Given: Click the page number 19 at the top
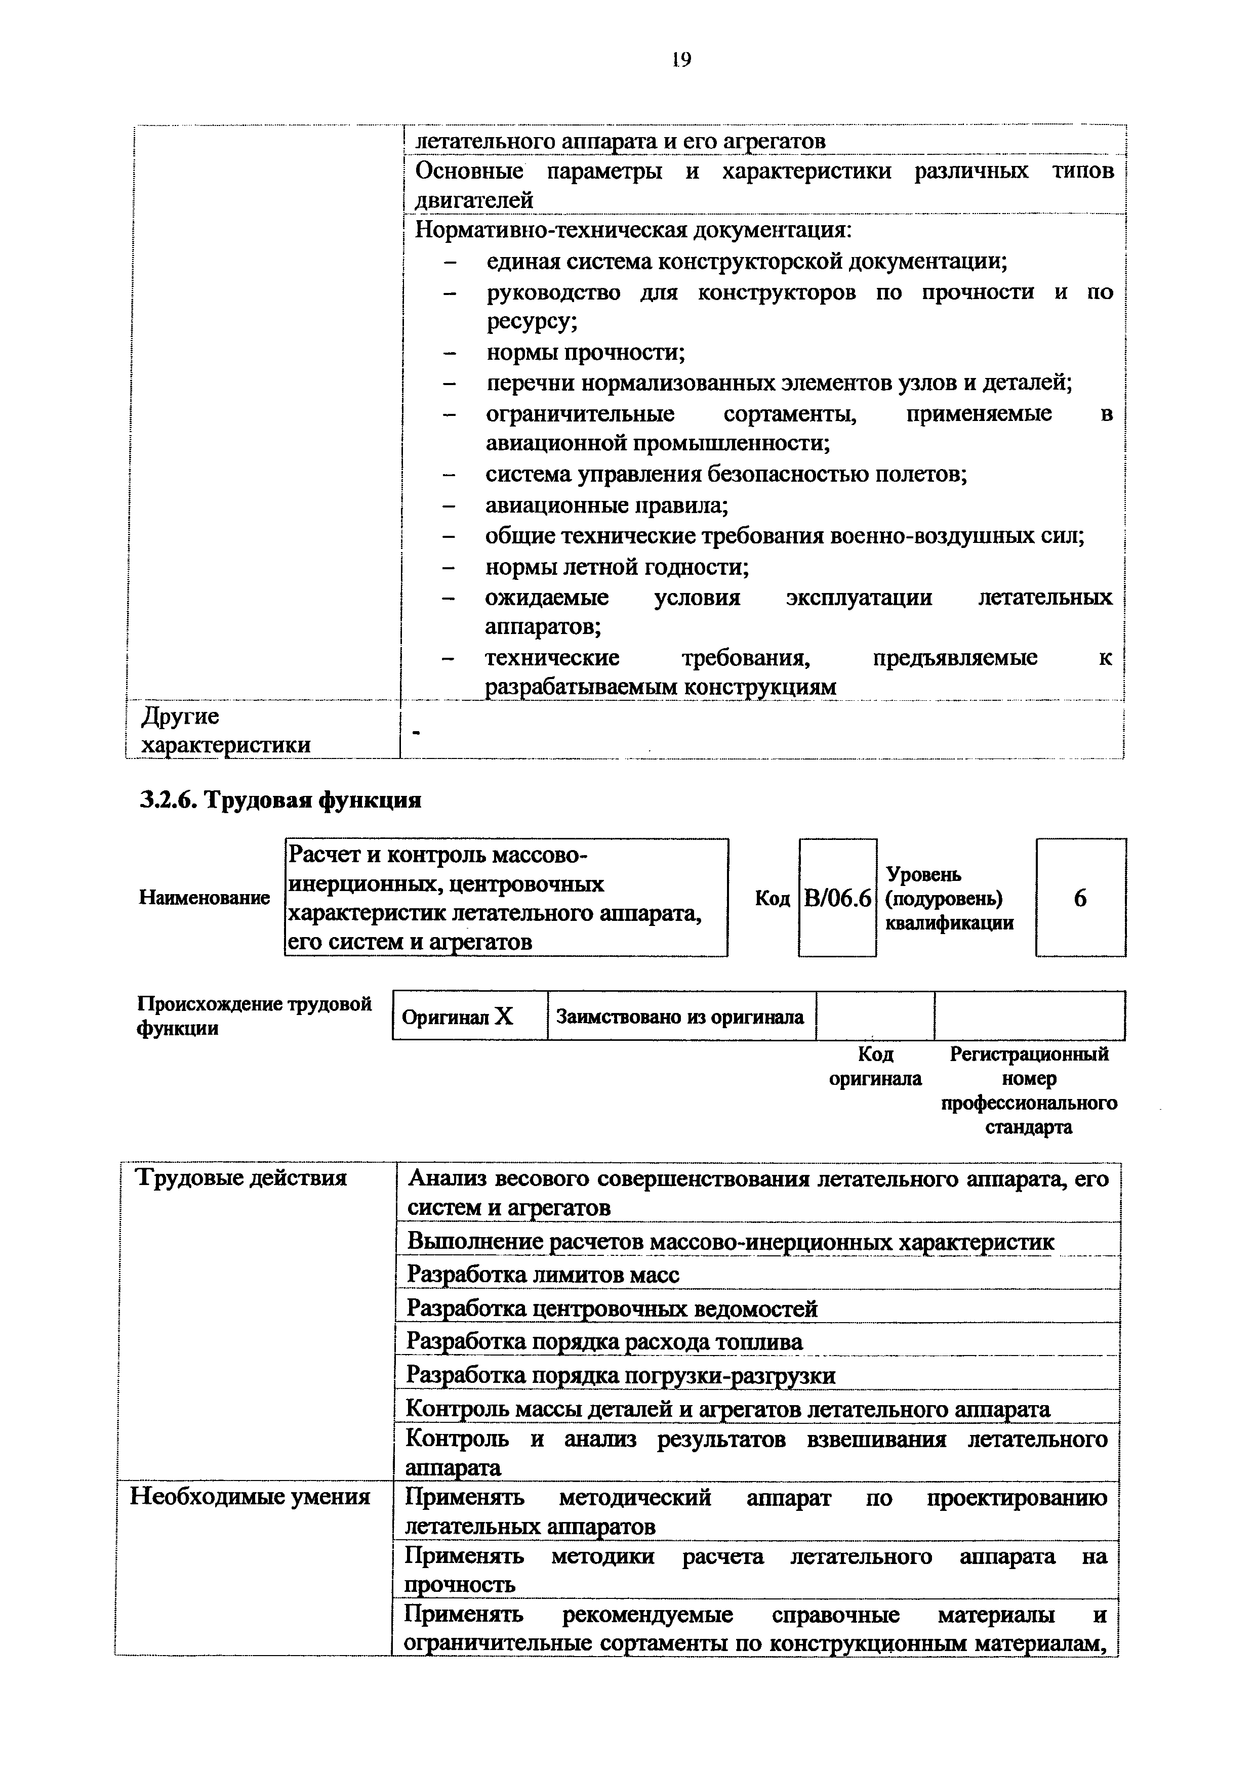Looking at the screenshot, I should (x=680, y=60).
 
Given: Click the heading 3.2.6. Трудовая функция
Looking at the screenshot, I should (x=280, y=799).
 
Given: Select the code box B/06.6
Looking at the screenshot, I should (x=837, y=898).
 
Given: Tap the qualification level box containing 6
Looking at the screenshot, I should (x=1080, y=898).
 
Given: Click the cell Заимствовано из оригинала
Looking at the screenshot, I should (x=680, y=1016).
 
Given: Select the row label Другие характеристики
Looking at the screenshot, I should (x=226, y=731).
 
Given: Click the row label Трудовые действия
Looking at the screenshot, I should (x=241, y=1177).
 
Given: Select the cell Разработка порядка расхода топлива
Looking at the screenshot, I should (x=604, y=1341).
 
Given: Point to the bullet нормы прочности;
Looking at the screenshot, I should (x=585, y=353).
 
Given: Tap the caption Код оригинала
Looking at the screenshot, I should (x=875, y=1066).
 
